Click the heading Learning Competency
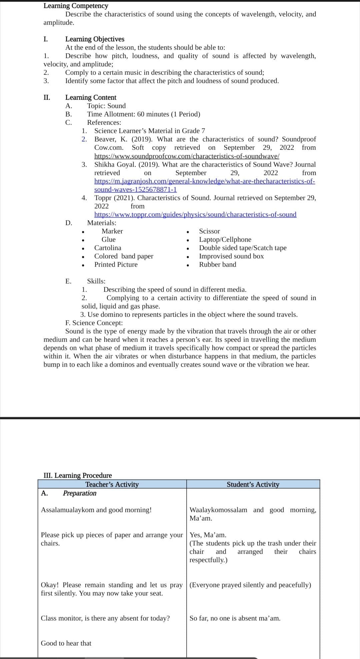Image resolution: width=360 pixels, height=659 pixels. [76, 6]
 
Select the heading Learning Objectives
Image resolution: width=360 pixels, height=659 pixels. [95, 39]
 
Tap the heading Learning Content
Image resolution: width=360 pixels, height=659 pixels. [91, 97]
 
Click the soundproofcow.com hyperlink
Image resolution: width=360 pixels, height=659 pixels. [187, 156]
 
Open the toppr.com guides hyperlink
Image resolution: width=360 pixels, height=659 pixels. [195, 214]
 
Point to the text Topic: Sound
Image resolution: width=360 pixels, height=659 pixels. [106, 106]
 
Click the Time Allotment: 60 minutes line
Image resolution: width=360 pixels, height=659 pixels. [144, 114]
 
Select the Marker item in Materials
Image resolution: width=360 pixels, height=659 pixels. [112, 231]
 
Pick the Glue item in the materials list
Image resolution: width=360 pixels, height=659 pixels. [108, 239]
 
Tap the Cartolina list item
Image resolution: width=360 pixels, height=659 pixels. [108, 248]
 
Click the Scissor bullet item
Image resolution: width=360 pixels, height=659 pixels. [209, 231]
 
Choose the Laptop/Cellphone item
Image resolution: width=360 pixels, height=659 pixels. [225, 239]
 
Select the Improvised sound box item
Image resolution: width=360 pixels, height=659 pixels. [231, 256]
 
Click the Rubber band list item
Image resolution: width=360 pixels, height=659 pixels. [217, 264]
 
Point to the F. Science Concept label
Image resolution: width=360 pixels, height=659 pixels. [94, 323]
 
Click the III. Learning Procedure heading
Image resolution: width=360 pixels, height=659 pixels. [78, 475]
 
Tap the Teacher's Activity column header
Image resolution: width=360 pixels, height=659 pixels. [112, 484]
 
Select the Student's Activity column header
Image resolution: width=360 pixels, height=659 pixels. [253, 484]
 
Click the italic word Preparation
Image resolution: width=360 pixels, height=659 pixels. [80, 493]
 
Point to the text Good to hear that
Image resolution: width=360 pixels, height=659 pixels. [66, 643]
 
